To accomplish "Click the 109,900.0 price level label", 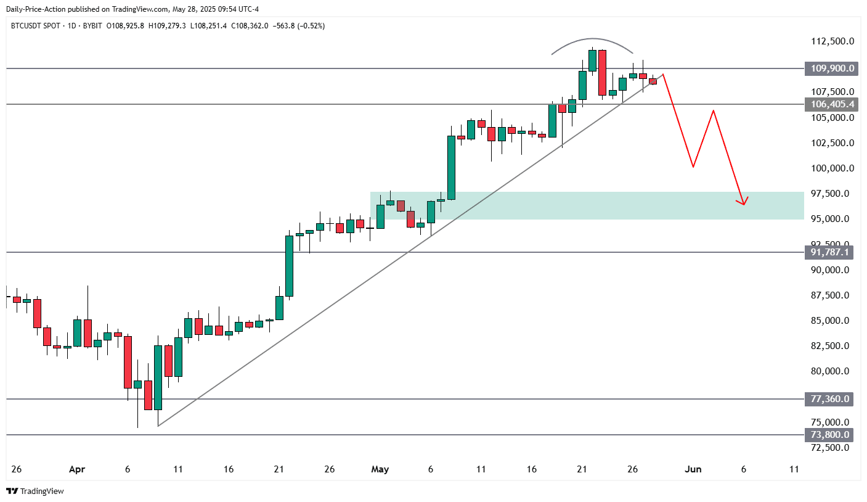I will click(x=830, y=68).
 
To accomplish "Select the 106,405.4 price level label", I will click(x=830, y=104).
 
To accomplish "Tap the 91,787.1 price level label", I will click(x=830, y=252).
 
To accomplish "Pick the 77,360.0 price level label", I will click(x=830, y=399).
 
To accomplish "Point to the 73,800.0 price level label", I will click(x=830, y=435).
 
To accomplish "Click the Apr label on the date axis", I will click(x=76, y=469).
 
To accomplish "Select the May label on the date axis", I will click(x=380, y=469).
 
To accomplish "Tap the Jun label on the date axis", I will click(x=693, y=469).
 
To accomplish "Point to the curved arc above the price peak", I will click(x=593, y=41).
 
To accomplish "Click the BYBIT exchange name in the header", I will click(x=90, y=26).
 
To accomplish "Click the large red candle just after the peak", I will click(x=602, y=73).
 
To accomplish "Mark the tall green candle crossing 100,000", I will click(x=451, y=167).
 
